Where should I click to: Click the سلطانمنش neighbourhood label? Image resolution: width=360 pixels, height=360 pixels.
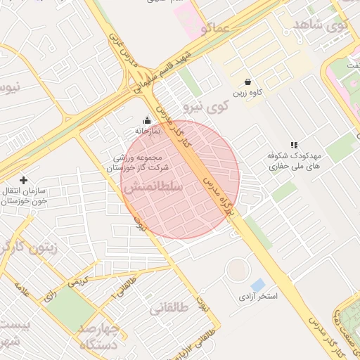pos(153,188)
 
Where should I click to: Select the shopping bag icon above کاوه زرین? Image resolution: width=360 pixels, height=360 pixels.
pos(248,82)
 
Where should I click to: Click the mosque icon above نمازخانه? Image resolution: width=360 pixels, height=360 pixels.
pos(147,120)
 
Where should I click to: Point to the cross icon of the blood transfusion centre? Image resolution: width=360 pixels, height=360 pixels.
pos(24,181)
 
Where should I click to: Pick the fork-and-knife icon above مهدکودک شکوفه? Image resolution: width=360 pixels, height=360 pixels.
pos(293,145)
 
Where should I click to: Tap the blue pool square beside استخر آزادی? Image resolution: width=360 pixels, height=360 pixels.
pos(258,285)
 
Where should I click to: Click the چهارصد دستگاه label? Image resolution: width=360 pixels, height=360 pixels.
pos(102,337)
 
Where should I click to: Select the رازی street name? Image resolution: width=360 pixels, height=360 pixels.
pos(49,296)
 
